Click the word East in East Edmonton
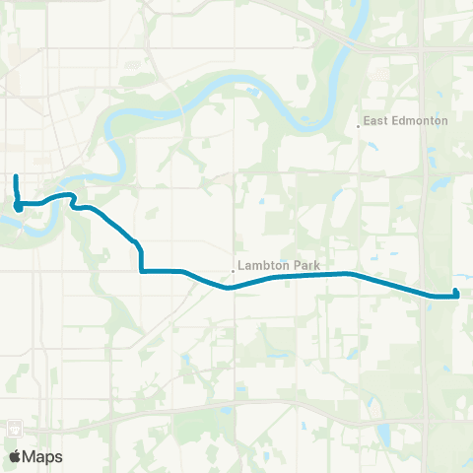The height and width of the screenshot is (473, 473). [375, 121]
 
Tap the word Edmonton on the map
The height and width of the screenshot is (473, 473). [419, 121]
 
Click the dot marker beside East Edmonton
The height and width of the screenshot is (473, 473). [358, 125]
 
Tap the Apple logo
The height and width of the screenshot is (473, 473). [16, 456]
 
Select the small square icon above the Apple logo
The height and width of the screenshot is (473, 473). [16, 430]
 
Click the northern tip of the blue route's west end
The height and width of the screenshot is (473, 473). [15, 176]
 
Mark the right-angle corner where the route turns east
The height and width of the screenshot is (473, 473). [143, 270]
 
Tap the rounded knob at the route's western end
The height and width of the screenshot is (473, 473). [19, 206]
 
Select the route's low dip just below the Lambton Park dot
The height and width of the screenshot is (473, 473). [229, 288]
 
